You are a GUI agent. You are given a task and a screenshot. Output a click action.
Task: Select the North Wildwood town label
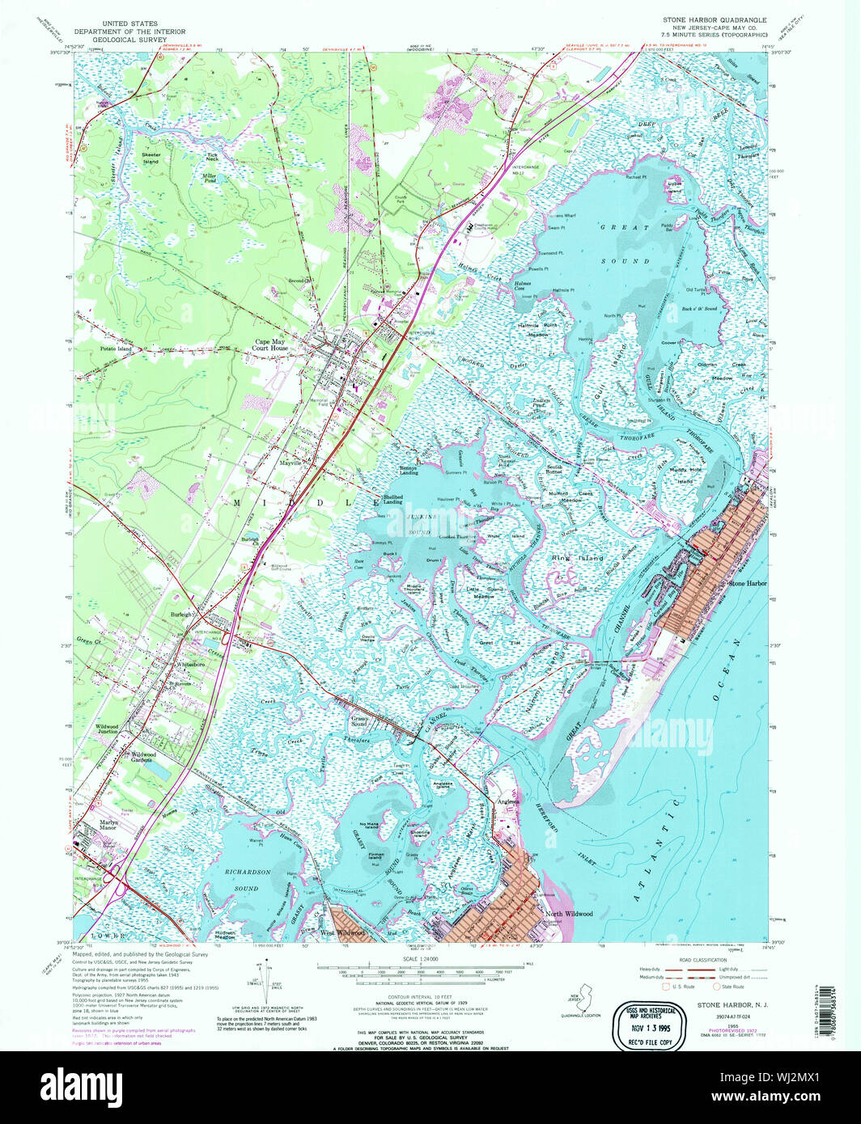[569, 914]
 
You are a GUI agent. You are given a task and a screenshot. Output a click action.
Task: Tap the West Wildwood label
[342, 932]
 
